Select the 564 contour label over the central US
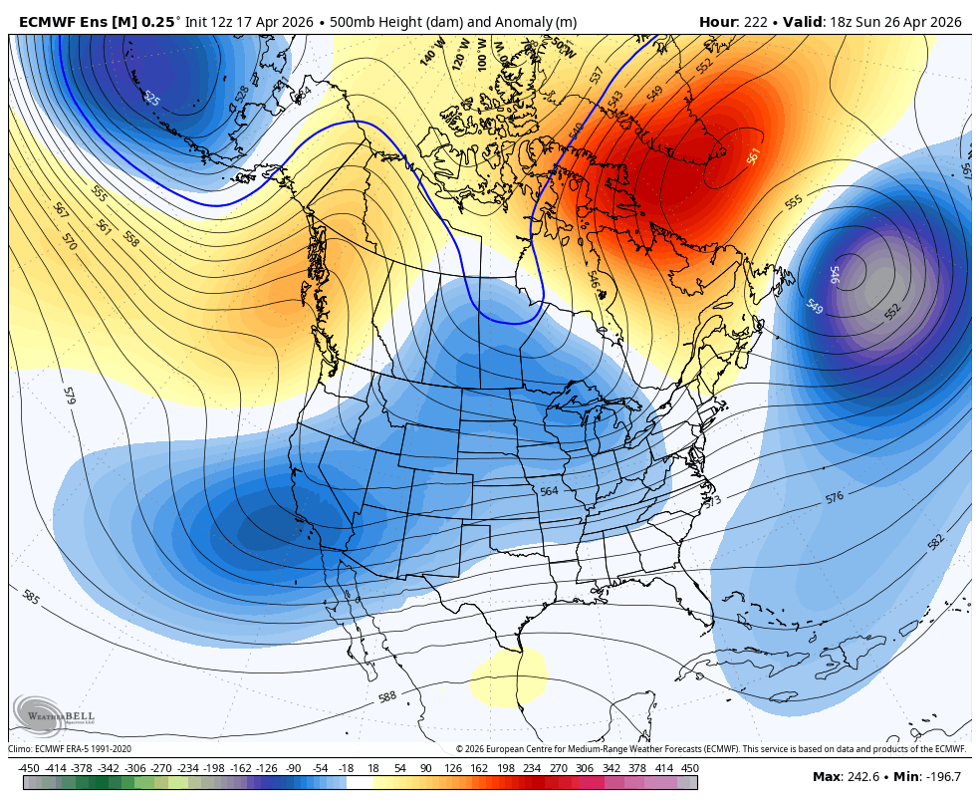click(549, 491)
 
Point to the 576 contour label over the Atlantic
click(835, 496)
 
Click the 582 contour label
click(936, 542)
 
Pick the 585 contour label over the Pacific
click(31, 597)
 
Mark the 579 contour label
click(69, 396)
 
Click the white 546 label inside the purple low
click(835, 275)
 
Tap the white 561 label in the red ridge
click(754, 156)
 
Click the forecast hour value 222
click(754, 22)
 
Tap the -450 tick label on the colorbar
click(29, 768)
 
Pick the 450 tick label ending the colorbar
click(689, 768)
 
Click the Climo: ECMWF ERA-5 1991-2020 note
click(70, 748)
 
